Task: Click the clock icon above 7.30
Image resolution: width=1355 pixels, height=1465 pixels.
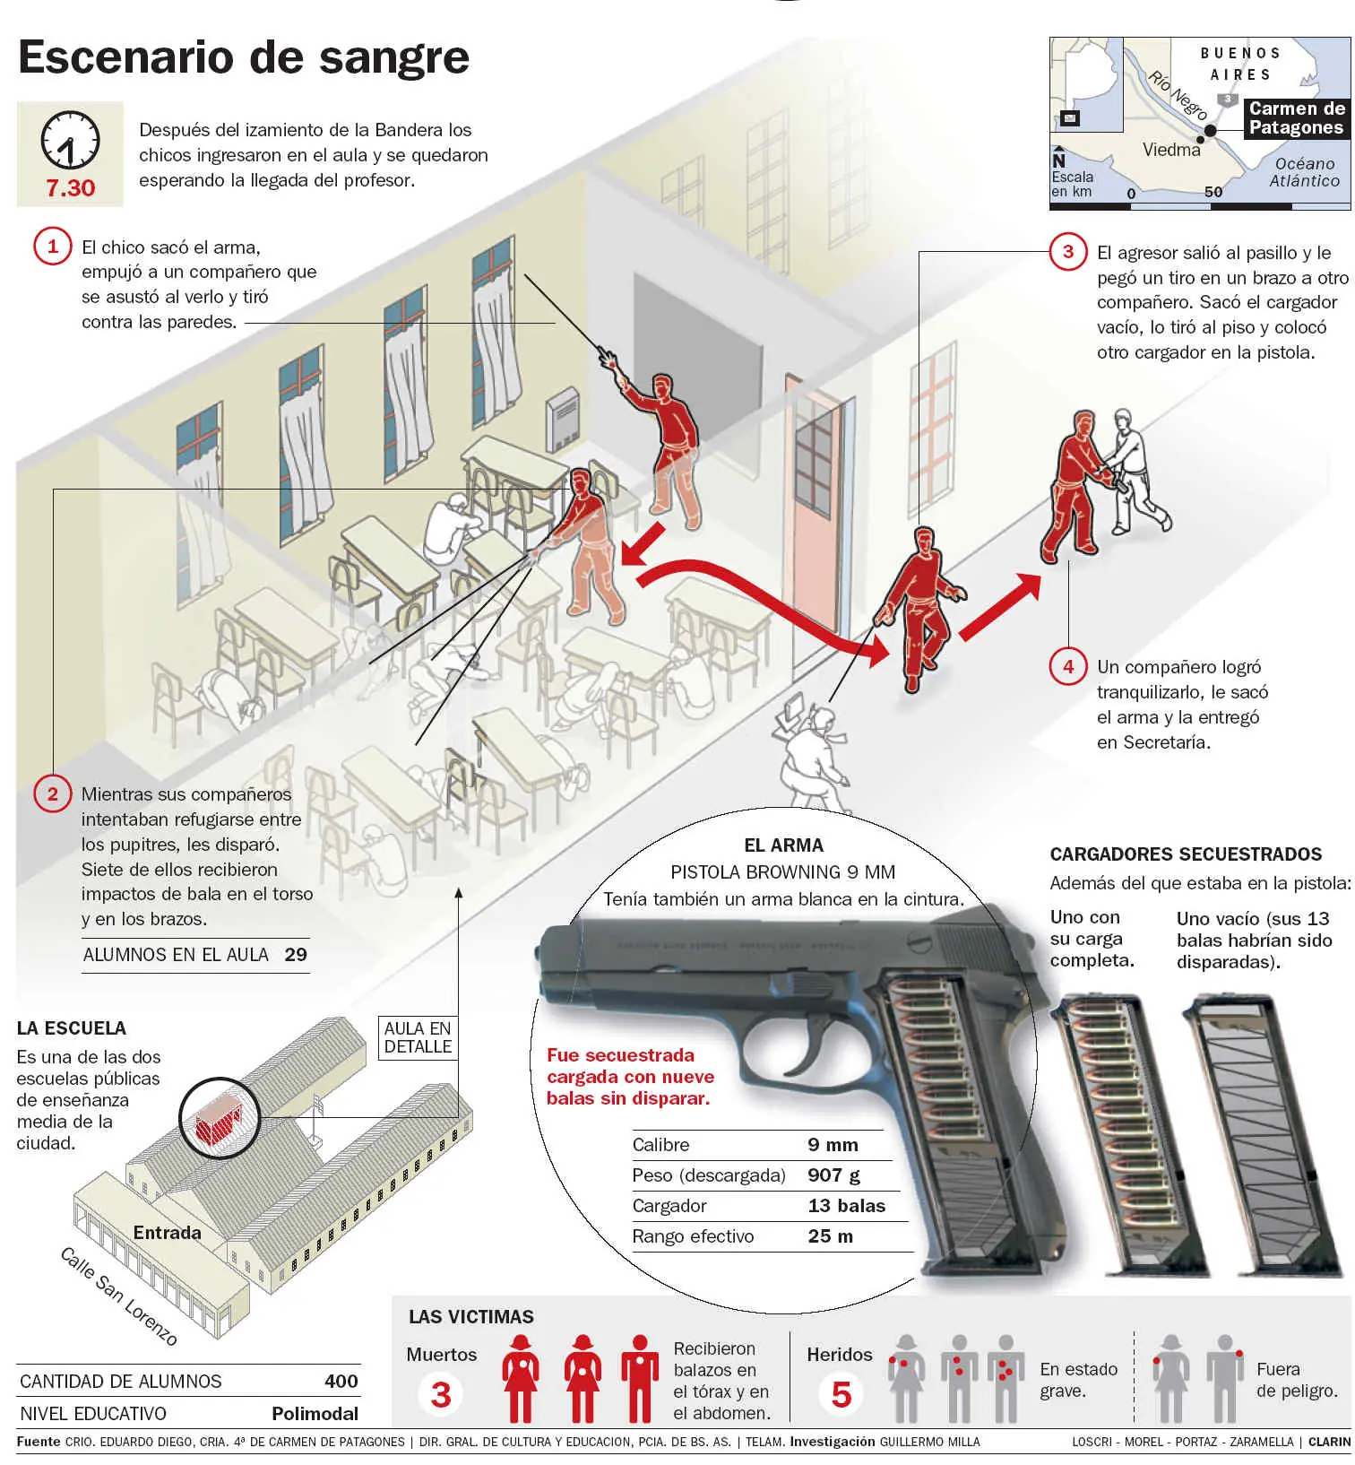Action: tap(70, 140)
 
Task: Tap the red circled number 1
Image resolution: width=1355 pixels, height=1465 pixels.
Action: tap(52, 247)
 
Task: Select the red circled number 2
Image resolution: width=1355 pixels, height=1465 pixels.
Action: tap(52, 793)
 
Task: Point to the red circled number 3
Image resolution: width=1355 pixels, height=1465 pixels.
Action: tap(1067, 252)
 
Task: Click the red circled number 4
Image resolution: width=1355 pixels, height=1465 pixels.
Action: tap(1067, 666)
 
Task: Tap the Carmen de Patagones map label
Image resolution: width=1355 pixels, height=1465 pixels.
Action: tap(1296, 117)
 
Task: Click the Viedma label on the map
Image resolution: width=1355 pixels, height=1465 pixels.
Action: tap(1170, 150)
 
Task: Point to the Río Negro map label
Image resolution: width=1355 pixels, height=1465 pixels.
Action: tap(1178, 95)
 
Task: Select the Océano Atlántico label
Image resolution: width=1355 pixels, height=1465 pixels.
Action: tap(1304, 171)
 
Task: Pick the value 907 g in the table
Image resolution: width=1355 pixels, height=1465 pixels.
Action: tap(833, 1175)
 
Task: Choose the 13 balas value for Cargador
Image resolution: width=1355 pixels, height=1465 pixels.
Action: tap(846, 1206)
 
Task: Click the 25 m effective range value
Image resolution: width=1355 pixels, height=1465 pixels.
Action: tap(830, 1236)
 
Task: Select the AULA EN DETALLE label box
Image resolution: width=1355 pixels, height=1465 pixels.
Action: tap(418, 1037)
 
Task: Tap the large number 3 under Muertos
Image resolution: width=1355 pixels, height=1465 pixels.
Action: tap(441, 1394)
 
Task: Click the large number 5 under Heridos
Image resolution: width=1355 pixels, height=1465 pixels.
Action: tap(841, 1394)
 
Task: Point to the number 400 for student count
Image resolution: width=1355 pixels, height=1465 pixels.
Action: tap(341, 1382)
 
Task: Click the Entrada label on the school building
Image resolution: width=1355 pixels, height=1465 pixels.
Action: tap(167, 1233)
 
